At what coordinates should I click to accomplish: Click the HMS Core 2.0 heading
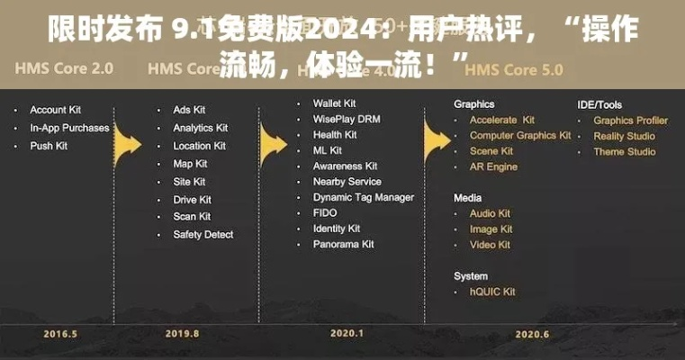(x=64, y=67)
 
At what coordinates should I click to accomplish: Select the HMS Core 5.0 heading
(x=515, y=68)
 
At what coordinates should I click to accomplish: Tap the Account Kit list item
(x=57, y=110)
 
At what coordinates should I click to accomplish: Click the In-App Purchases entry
(x=69, y=128)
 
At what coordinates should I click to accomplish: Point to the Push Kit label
(x=49, y=145)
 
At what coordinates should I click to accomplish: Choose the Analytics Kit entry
(x=201, y=128)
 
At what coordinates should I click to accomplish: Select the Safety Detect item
(x=203, y=234)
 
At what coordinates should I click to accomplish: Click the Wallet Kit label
(x=335, y=103)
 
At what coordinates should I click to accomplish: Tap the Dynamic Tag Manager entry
(x=364, y=197)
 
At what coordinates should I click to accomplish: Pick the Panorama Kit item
(x=344, y=244)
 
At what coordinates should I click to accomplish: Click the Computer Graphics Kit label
(x=520, y=135)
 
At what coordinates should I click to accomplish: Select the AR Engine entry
(x=493, y=166)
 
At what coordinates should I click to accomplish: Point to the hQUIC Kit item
(x=492, y=292)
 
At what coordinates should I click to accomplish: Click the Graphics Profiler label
(x=631, y=120)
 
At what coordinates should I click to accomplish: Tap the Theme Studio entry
(x=625, y=151)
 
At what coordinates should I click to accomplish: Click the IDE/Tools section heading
(x=599, y=104)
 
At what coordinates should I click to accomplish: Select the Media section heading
(x=468, y=197)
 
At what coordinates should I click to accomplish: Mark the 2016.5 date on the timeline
(x=61, y=334)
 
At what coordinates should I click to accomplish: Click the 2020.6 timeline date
(x=532, y=334)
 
